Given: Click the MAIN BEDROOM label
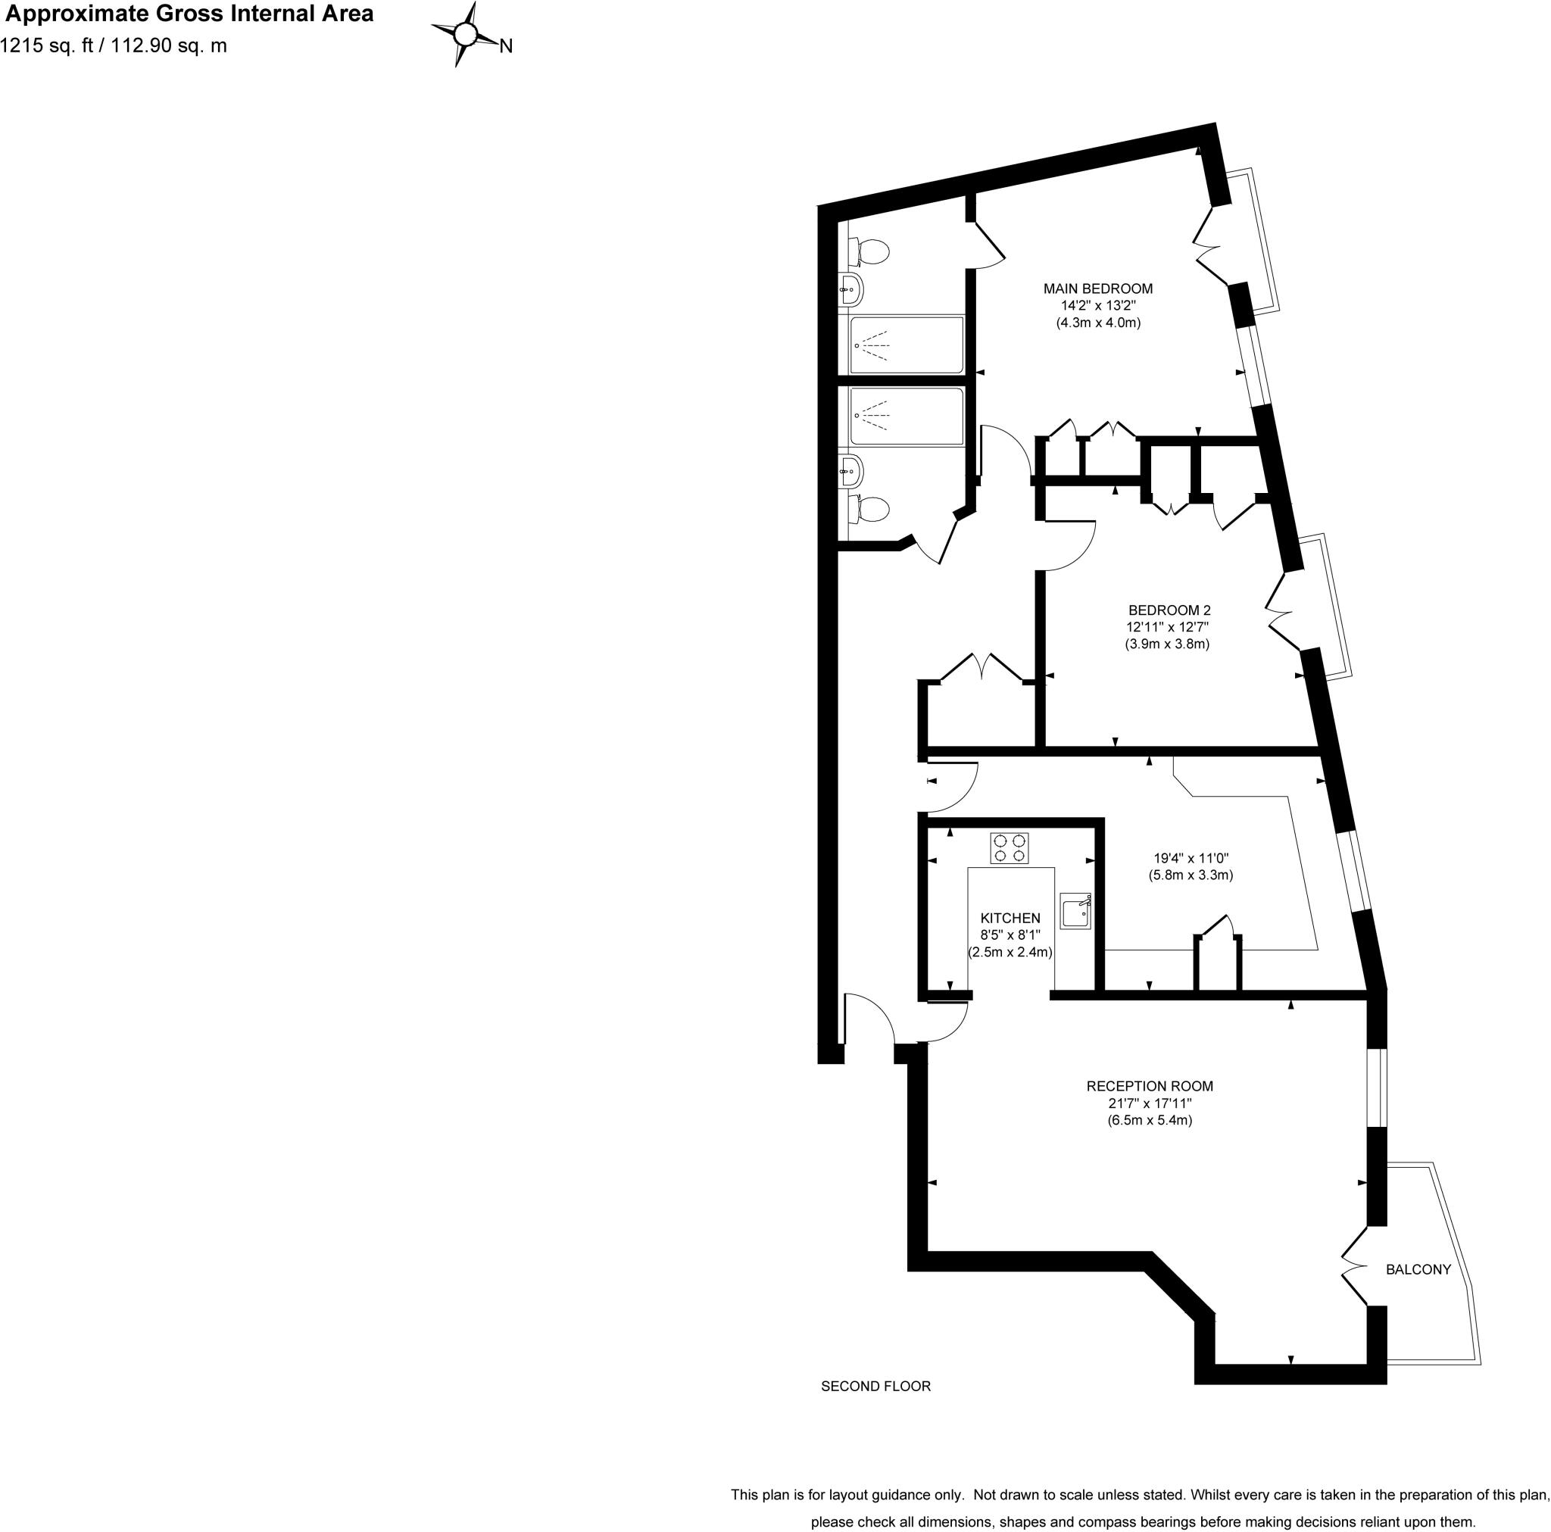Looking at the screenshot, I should (x=1097, y=289).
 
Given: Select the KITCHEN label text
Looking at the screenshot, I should (x=1010, y=918).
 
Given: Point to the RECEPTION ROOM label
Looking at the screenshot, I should (x=1150, y=1085).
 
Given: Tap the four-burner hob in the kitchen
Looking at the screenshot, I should (x=1009, y=848).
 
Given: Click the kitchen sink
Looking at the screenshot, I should (x=1075, y=911).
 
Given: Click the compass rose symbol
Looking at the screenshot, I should (x=465, y=34).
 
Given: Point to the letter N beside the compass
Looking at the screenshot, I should (x=506, y=46).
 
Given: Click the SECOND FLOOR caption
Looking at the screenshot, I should (x=875, y=1386).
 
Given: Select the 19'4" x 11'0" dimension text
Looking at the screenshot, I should (x=1191, y=857).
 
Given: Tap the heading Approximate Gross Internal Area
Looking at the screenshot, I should (x=189, y=14).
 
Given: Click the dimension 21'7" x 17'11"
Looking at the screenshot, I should (x=1150, y=1103).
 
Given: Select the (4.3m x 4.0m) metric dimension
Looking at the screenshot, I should (x=1097, y=323).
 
